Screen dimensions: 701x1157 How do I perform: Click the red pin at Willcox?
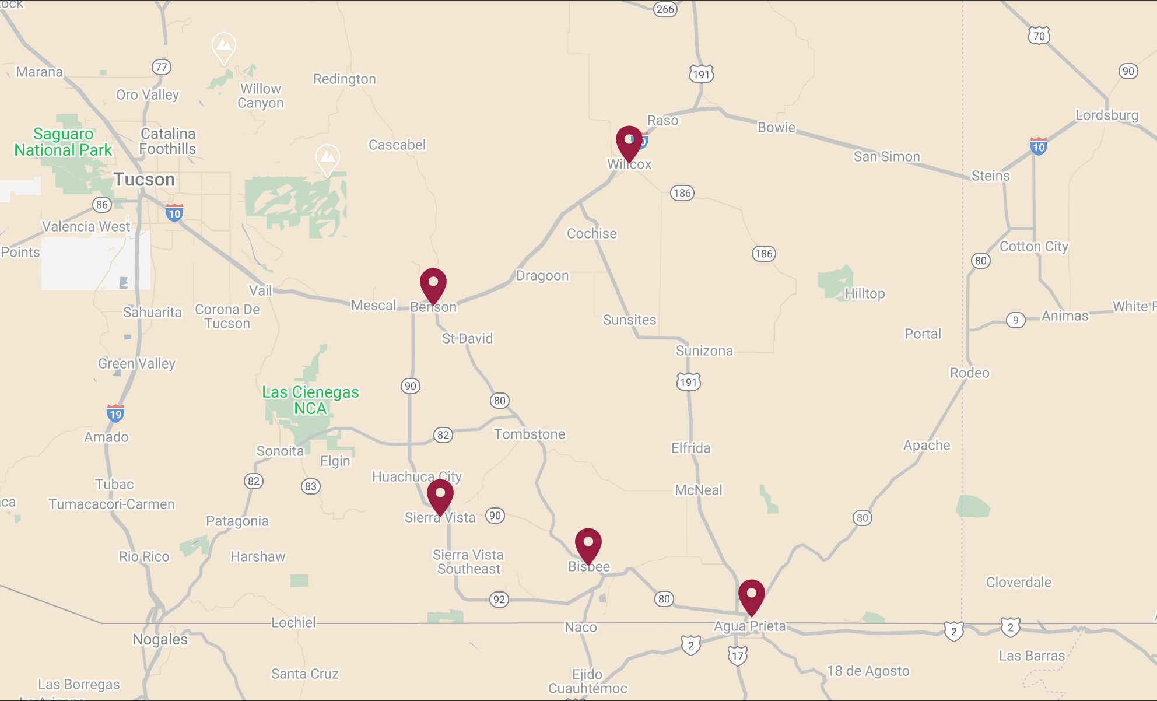[x=629, y=142]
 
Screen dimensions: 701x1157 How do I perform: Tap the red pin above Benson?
[x=433, y=284]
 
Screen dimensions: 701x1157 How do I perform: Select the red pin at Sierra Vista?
[x=440, y=496]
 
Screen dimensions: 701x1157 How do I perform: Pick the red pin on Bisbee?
[x=588, y=544]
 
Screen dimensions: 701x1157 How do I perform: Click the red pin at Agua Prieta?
[x=752, y=595]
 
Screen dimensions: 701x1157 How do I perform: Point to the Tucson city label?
[x=144, y=180]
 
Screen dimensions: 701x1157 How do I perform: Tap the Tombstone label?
[x=530, y=434]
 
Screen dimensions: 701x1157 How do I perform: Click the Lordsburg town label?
[x=1106, y=115]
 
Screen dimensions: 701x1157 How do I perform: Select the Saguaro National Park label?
[x=63, y=142]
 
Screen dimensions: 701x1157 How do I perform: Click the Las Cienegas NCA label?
[x=310, y=400]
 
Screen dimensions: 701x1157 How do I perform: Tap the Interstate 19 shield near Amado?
[x=115, y=413]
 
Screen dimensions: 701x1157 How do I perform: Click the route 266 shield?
[x=665, y=9]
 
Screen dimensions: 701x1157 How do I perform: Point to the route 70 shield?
[x=1039, y=36]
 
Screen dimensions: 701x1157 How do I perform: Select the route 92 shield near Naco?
[x=499, y=600]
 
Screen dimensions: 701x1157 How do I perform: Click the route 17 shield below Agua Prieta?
[x=738, y=656]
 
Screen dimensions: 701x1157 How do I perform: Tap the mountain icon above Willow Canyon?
[x=224, y=45]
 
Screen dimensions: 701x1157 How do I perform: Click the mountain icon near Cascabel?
[x=328, y=157]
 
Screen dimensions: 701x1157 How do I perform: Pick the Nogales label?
[x=160, y=640]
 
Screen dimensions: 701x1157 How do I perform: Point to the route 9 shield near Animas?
[x=1016, y=320]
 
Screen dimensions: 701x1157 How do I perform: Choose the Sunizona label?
[x=704, y=350]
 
